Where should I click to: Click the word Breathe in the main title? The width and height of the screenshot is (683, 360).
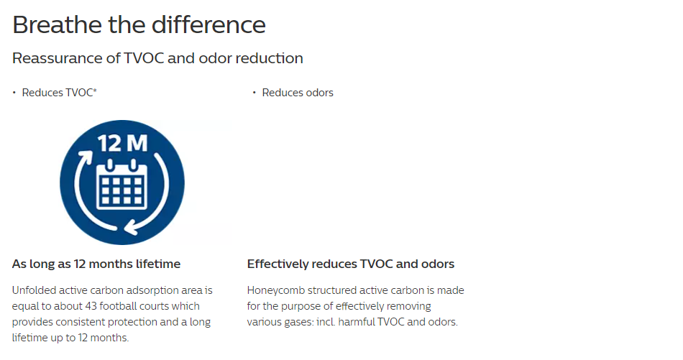58,24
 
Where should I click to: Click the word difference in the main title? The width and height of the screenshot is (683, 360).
208,24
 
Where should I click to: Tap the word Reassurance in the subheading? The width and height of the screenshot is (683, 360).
66,58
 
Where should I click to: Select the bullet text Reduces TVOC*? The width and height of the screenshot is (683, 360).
59,93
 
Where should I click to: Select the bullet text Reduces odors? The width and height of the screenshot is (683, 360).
298,93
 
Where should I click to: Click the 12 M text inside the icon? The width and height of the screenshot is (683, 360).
122,143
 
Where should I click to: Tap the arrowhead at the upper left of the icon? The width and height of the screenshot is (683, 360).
87,157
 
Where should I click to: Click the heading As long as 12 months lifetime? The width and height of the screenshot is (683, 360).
96,264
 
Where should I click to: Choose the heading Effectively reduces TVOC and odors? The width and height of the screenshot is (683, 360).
351,264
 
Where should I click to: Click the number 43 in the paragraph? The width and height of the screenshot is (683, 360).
91,306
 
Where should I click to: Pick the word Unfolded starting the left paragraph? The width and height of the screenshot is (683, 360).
34,290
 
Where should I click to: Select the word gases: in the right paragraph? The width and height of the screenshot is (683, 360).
299,323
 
